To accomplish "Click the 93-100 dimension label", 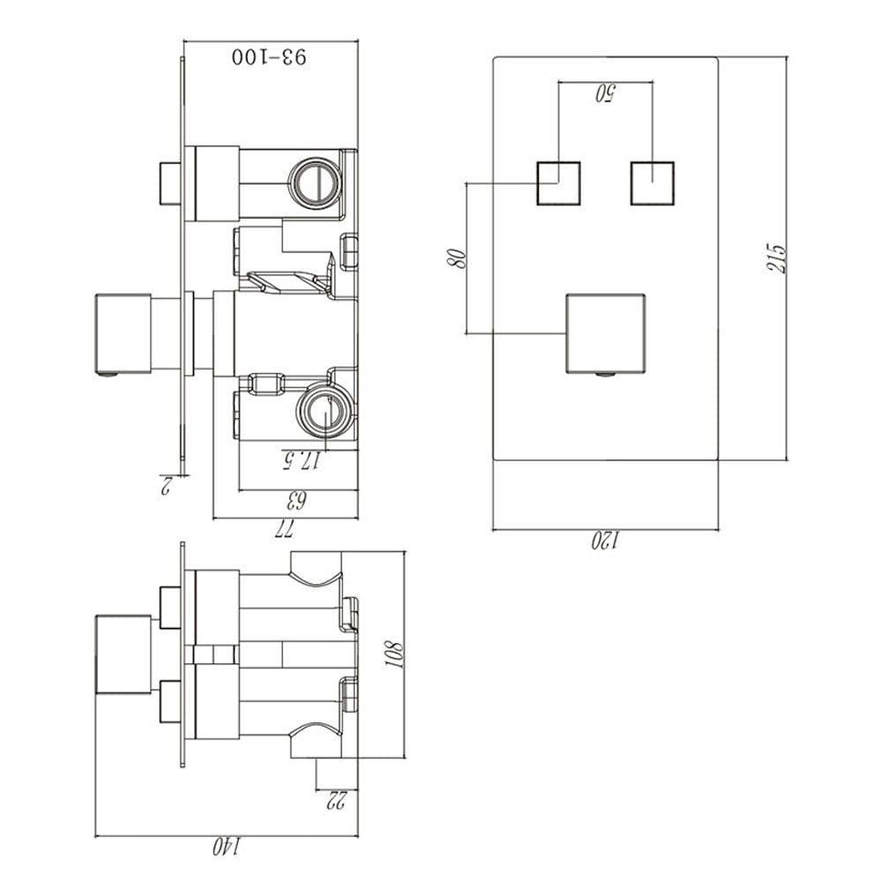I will tap(270, 57).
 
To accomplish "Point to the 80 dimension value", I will tap(456, 258).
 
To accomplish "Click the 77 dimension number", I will tap(285, 529).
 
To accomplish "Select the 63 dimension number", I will tap(297, 502).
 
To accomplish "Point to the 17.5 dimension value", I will tap(299, 460).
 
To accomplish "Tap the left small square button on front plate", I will tap(558, 183).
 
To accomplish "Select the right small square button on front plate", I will tap(652, 183).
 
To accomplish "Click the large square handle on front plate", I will tap(604, 333).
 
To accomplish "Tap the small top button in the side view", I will tap(169, 183).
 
